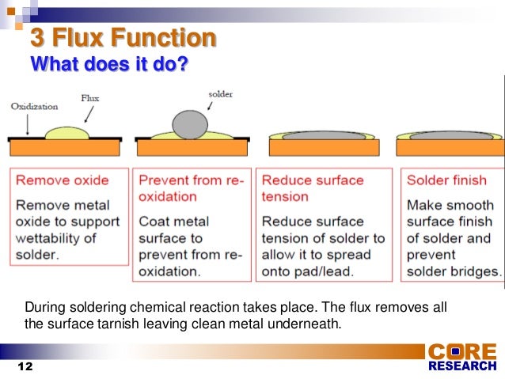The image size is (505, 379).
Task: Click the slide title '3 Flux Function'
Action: pyautogui.click(x=123, y=38)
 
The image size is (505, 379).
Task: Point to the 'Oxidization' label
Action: pyautogui.click(x=34, y=106)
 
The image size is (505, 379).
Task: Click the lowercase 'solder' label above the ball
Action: pyautogui.click(x=220, y=93)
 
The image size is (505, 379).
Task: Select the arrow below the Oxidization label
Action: pyautogui.click(x=28, y=123)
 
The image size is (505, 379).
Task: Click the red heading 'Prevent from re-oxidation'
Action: pyautogui.click(x=190, y=188)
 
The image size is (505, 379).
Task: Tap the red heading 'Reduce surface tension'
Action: pyautogui.click(x=313, y=188)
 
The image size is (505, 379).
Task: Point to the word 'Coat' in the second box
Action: pyautogui.click(x=154, y=221)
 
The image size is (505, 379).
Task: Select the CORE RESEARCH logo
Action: pyautogui.click(x=462, y=358)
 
